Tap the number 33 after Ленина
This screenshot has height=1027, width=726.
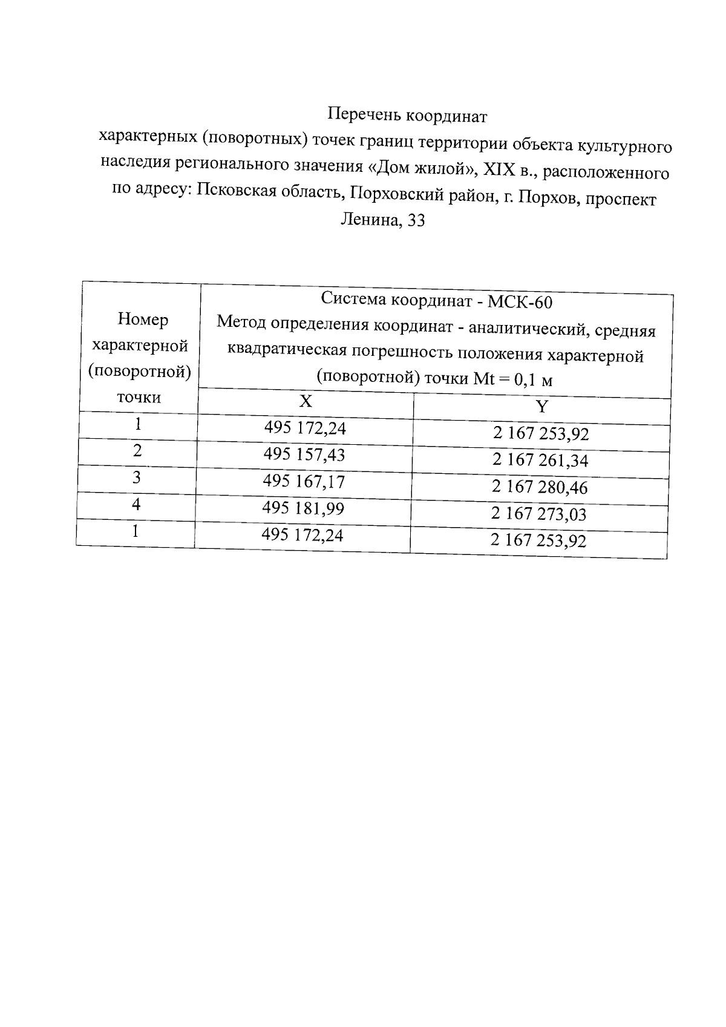[416, 221]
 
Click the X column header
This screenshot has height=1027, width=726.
[306, 402]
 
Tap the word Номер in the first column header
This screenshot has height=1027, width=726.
[143, 320]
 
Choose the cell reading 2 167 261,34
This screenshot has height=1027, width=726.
[540, 461]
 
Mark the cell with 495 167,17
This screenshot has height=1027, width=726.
[303, 482]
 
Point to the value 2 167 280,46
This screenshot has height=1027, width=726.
[539, 487]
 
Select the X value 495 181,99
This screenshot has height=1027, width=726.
[302, 508]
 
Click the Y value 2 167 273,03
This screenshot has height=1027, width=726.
[538, 514]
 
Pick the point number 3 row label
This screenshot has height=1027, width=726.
[137, 477]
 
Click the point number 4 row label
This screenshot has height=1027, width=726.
[136, 504]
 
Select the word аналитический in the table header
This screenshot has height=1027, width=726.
[526, 329]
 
